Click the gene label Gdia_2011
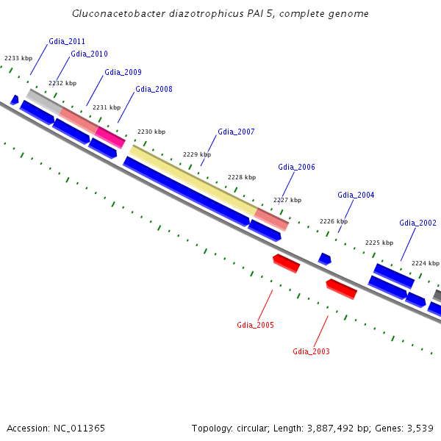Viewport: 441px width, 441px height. coord(67,41)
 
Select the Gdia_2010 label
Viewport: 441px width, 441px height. coord(89,54)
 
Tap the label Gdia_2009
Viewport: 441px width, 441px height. coord(123,72)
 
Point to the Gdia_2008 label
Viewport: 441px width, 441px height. coord(154,89)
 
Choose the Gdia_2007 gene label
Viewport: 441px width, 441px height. coord(236,132)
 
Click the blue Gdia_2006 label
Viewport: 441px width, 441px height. coord(296,167)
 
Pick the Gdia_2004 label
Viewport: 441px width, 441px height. coord(356,195)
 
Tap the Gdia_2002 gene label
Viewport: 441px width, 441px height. coord(417,223)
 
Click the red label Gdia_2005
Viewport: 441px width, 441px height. coord(255,325)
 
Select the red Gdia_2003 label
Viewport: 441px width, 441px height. coord(311,351)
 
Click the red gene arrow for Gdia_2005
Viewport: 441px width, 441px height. coord(286,263)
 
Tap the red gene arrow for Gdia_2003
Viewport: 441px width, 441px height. coord(342,289)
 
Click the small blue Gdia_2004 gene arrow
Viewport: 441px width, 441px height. coord(324,259)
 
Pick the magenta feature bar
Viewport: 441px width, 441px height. coord(110,136)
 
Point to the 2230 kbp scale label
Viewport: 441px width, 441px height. coord(151,132)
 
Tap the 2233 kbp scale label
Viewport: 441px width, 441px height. coord(18,57)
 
